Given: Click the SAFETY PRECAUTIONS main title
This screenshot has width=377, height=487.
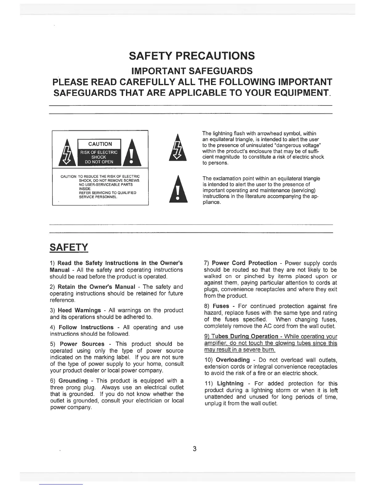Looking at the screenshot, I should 192,56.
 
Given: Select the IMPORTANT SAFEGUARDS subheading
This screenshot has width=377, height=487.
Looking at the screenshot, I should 192,71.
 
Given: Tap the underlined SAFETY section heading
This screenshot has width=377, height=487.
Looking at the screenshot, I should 69,247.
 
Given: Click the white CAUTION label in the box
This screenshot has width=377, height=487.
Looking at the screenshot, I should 100,144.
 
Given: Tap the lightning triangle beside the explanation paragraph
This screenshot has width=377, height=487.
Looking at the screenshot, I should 178,148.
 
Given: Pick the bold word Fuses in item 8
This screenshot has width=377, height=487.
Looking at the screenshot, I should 221,306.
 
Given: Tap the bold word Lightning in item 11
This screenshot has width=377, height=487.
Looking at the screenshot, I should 230,383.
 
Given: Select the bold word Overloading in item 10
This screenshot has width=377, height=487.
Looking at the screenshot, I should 233,360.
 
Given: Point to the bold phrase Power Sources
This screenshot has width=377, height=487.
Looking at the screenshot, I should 82,344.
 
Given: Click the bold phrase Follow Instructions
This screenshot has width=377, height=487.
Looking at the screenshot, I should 86,327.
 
